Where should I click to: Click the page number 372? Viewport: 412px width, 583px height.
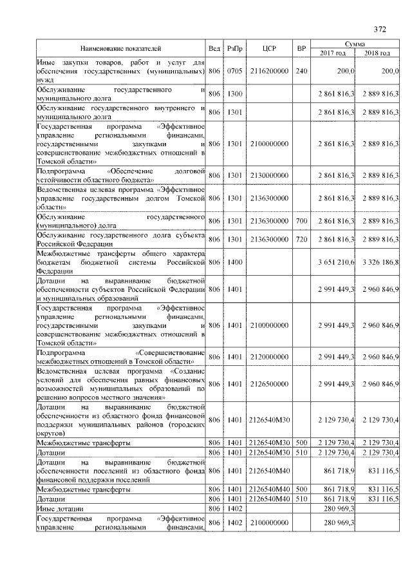[x=379, y=29]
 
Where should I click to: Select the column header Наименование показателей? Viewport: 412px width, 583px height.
[x=120, y=48]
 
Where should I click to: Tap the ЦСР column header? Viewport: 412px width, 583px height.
[x=269, y=48]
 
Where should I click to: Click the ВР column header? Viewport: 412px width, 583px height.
[x=301, y=48]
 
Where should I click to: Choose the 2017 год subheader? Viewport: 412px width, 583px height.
[x=333, y=53]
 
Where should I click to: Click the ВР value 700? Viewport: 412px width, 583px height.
[x=301, y=222]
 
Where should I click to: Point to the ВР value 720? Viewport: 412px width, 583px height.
[x=301, y=239]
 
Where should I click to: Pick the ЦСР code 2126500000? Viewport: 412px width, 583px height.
[x=269, y=384]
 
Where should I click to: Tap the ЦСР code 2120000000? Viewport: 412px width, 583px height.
[x=269, y=356]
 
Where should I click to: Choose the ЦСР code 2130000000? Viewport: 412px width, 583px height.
[x=269, y=175]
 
